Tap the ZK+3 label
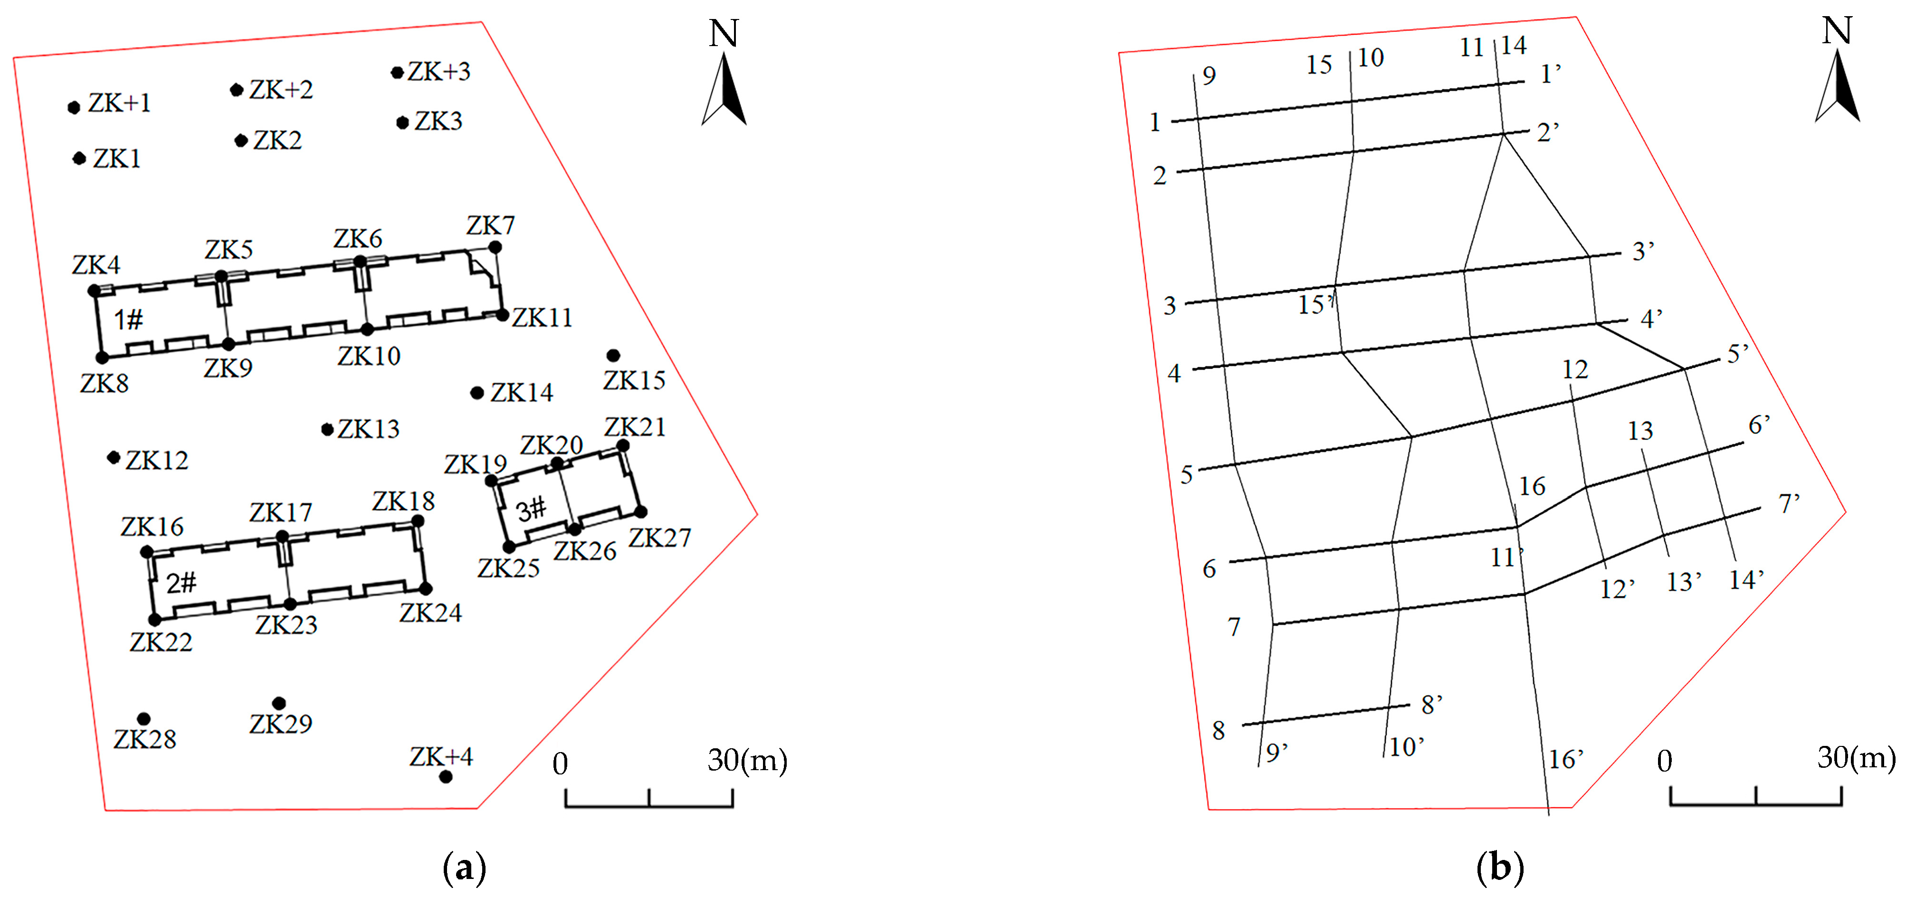point(439,72)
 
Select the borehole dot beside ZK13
point(327,429)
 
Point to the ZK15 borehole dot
point(613,355)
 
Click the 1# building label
point(128,320)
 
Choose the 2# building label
point(181,583)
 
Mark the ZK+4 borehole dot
point(446,776)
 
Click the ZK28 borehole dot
point(143,719)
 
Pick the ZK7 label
point(491,225)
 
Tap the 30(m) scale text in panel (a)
point(747,760)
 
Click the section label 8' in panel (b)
point(1432,705)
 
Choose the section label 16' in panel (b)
point(1566,759)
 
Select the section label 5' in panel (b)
point(1738,354)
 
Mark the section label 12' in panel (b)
point(1618,589)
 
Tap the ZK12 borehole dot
point(113,458)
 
